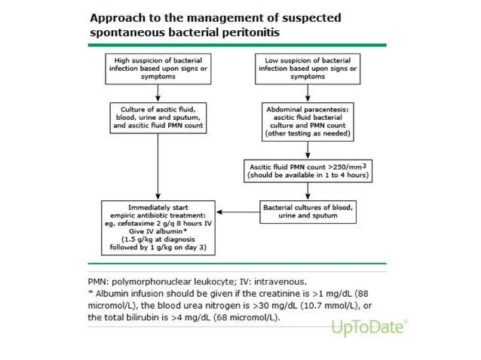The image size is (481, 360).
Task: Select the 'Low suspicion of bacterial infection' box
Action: click(308, 68)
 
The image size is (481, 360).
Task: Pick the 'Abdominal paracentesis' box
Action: click(308, 121)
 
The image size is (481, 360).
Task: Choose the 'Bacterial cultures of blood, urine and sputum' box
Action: click(308, 211)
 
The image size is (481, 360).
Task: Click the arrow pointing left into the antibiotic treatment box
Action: click(237, 212)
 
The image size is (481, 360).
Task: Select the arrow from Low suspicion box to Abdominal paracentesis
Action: click(308, 92)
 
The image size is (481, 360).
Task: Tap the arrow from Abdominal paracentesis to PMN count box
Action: click(308, 150)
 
